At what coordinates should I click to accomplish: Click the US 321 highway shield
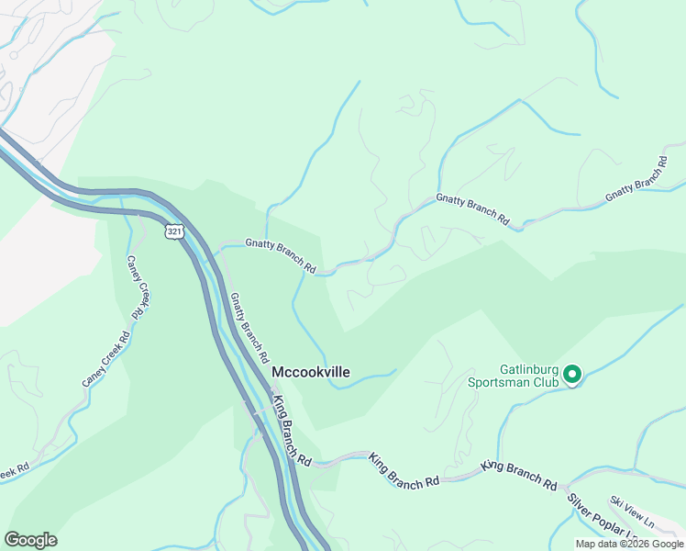point(174,231)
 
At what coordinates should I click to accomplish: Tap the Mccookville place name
point(311,372)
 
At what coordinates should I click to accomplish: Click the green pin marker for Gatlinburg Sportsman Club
point(572,373)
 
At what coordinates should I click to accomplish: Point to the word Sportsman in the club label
point(499,382)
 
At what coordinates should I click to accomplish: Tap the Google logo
point(30,540)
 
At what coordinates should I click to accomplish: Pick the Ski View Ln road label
point(632,512)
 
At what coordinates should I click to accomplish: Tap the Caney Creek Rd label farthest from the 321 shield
point(106,356)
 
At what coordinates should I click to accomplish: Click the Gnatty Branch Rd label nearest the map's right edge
point(636,180)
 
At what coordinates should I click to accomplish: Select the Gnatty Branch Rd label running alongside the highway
point(249,326)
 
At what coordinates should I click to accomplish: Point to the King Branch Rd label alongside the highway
point(293,430)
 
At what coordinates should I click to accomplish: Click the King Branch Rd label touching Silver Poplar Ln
point(519,475)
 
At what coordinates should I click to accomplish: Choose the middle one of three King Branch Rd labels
point(404,470)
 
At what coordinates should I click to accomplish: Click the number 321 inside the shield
point(174,231)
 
